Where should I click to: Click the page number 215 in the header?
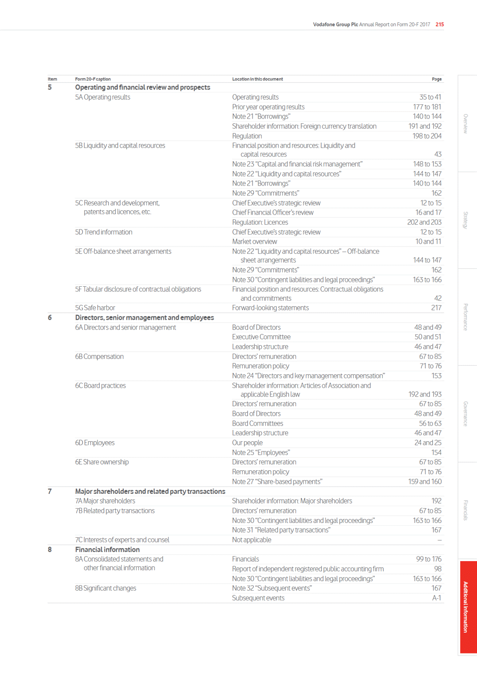[440, 24]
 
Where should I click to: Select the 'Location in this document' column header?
[257, 79]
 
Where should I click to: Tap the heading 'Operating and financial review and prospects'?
[142, 87]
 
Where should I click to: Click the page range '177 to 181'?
[427, 107]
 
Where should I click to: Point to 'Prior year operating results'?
[268, 107]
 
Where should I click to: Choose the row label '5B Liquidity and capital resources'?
[120, 145]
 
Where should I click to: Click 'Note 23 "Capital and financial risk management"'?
[297, 164]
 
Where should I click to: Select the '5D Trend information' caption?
[103, 232]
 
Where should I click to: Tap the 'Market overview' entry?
[255, 241]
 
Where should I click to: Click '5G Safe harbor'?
[95, 308]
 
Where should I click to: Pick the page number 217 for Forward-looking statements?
[436, 308]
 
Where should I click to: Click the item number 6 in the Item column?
[50, 317]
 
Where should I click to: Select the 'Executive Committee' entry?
[261, 337]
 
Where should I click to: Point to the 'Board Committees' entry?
[257, 423]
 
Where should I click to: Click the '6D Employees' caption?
[95, 442]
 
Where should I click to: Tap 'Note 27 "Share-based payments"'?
[277, 481]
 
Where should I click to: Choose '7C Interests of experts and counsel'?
[122, 540]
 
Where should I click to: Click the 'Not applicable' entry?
[251, 540]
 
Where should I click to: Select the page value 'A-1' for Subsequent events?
[436, 598]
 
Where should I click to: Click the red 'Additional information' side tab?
[468, 607]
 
